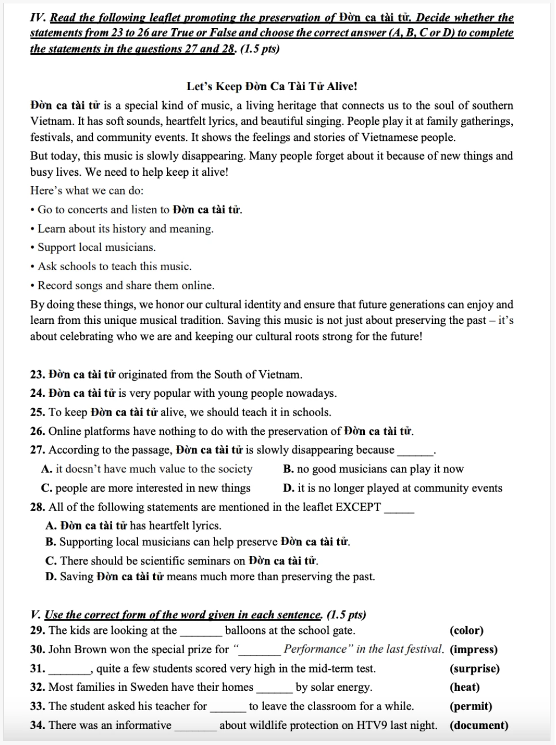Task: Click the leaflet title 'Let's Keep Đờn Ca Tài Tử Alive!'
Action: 271,86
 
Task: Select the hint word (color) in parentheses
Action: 466,631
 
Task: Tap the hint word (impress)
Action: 474,649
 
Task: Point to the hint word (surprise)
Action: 475,669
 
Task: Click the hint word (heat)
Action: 465,688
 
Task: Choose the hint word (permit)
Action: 471,706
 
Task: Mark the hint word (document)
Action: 479,726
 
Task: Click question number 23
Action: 38,375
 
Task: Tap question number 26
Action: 38,432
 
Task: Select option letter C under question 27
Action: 46,489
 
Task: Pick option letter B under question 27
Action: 287,469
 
